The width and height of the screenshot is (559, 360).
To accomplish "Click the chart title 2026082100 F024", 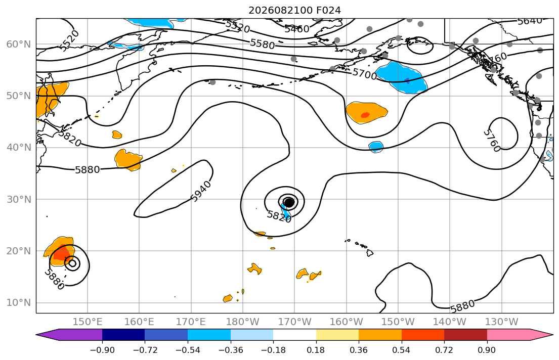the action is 294,10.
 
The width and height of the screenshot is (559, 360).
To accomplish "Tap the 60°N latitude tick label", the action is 19,44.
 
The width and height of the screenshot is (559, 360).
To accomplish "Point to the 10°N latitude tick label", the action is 19,303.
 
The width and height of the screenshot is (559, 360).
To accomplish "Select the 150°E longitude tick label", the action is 88,322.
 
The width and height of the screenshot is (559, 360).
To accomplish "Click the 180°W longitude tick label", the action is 243,322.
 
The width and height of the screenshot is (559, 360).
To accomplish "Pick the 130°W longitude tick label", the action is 502,322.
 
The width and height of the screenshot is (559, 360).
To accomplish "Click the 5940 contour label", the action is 201,192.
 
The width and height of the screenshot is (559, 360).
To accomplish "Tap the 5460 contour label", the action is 296,29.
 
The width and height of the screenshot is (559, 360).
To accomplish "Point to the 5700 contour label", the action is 364,74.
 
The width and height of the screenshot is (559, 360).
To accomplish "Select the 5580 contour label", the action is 263,44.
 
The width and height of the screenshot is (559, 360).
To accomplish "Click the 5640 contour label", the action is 530,21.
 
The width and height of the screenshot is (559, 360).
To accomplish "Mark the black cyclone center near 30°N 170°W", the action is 289,202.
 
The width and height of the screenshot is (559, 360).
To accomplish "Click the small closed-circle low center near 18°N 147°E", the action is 73,263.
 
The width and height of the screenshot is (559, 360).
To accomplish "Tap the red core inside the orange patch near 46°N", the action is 365,115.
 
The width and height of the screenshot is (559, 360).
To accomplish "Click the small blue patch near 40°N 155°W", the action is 376,147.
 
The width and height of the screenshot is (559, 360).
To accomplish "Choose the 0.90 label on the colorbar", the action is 487,350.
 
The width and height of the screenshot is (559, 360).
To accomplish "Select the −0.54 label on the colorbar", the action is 188,350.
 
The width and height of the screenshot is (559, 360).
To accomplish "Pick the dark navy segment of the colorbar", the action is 123,335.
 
